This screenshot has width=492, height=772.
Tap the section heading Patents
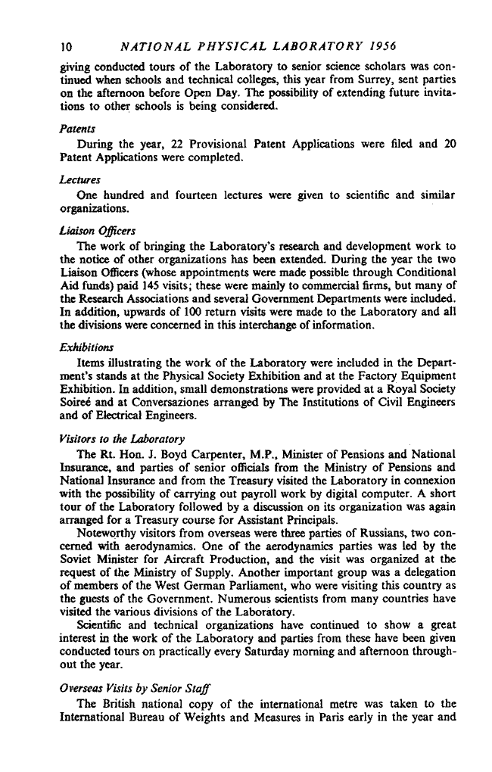coord(76,129)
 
